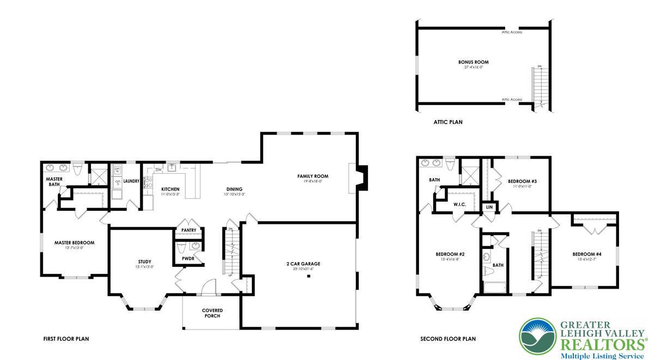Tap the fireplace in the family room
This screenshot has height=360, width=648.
[362, 178]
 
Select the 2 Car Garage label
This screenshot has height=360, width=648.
[303, 264]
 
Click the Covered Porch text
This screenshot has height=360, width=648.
[213, 313]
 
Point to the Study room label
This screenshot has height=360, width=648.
[144, 261]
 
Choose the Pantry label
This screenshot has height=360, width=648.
[188, 230]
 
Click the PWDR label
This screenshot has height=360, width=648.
[188, 258]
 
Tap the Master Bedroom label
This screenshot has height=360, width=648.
[74, 242]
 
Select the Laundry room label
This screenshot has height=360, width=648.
[131, 181]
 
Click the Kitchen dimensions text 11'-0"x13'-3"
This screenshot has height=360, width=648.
[170, 194]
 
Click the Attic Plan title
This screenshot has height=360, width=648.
[448, 123]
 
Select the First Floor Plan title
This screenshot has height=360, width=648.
[66, 339]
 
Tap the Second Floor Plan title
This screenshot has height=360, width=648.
[447, 339]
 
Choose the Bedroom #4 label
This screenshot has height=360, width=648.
[587, 254]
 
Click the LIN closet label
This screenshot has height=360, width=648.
[489, 207]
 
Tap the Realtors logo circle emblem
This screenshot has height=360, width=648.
[538, 336]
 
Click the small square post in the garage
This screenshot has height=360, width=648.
[308, 277]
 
